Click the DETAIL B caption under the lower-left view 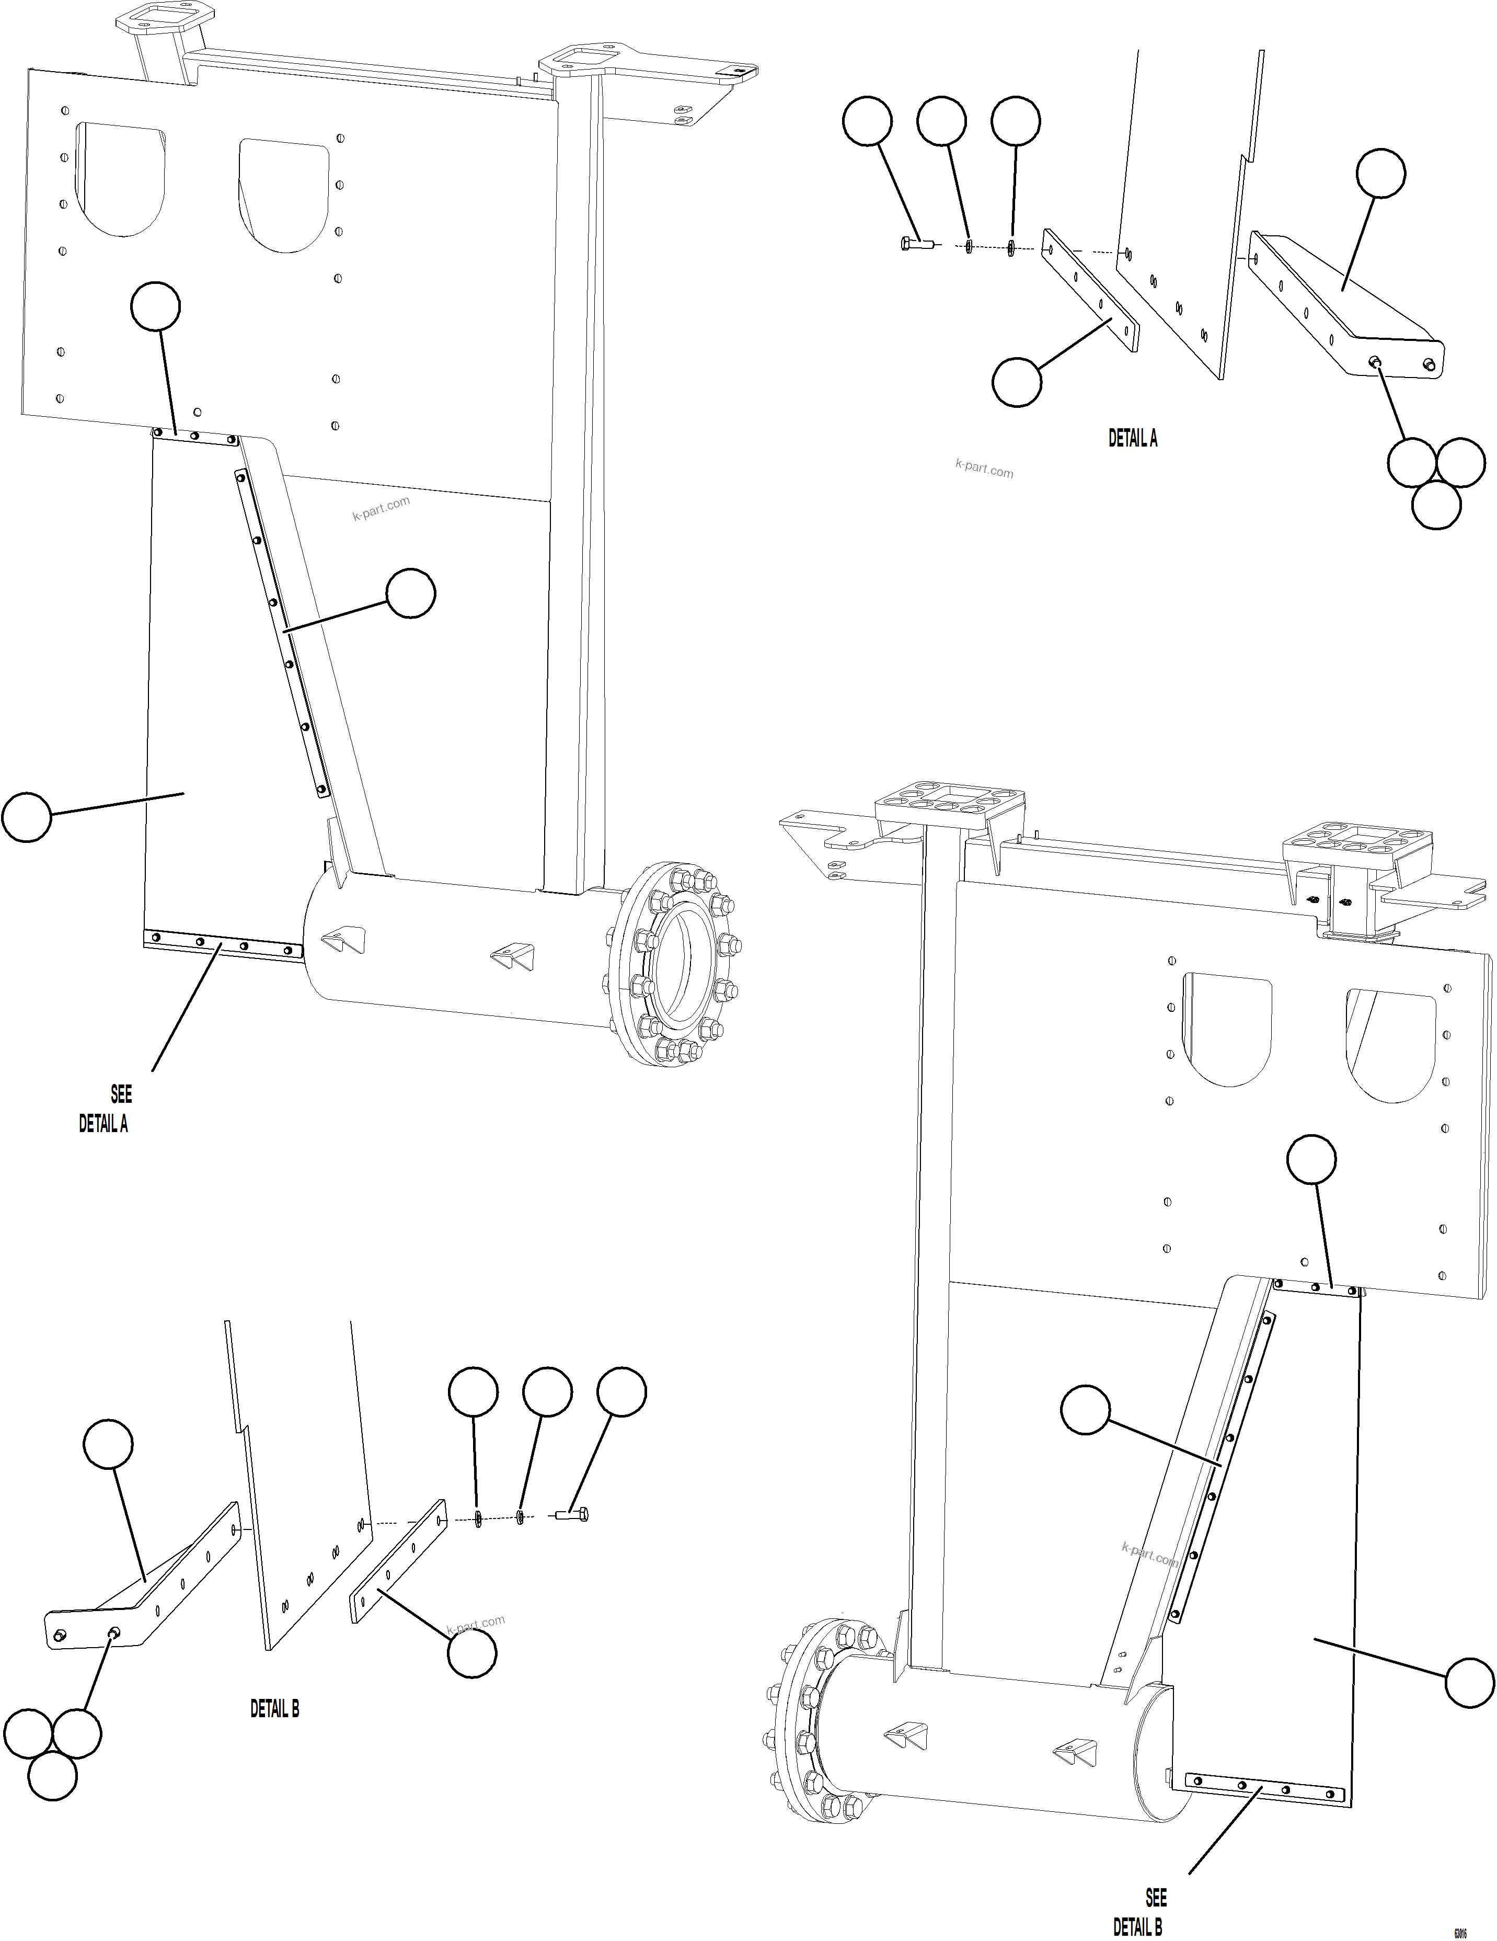click(274, 1708)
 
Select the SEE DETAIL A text click(107, 1109)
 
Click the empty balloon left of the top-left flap click(27, 818)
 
